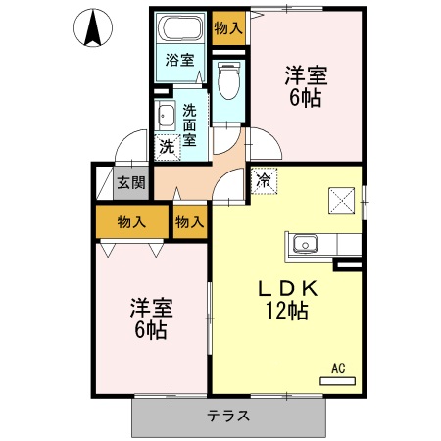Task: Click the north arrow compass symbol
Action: [93, 27]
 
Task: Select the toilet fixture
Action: [228, 80]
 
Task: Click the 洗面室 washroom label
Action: [189, 124]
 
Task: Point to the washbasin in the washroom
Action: [165, 118]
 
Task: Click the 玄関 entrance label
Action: [131, 181]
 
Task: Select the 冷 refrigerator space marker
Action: [264, 180]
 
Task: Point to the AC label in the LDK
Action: [337, 368]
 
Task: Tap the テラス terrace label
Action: [227, 416]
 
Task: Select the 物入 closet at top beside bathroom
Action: [228, 27]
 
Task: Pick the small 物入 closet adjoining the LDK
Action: [189, 222]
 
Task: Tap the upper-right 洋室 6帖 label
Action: [306, 85]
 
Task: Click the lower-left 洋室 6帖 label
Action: [150, 318]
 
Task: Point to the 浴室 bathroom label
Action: [179, 61]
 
